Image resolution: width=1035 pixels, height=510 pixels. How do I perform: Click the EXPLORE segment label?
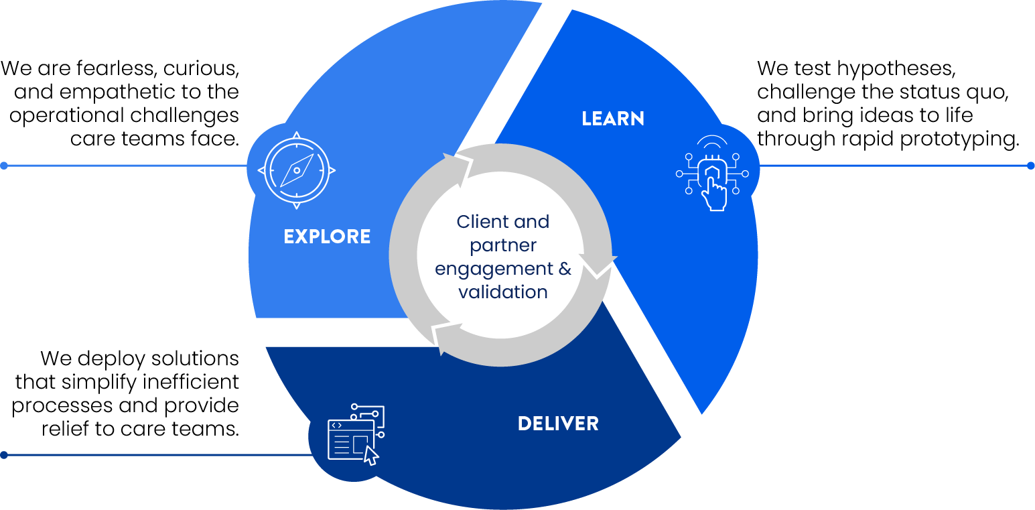pyautogui.click(x=327, y=237)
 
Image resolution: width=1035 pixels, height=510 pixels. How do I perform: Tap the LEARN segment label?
pyautogui.click(x=613, y=119)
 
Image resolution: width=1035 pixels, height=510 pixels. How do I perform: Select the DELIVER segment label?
pyautogui.click(x=558, y=424)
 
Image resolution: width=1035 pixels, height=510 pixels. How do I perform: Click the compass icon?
pyautogui.click(x=297, y=170)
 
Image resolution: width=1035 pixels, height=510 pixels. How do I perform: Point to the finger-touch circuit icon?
pyautogui.click(x=712, y=174)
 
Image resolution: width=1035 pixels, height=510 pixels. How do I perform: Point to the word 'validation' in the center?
pyautogui.click(x=502, y=292)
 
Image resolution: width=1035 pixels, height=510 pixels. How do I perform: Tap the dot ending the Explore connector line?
pyautogui.click(x=4, y=166)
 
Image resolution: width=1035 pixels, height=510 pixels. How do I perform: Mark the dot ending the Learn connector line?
pyautogui.click(x=1031, y=166)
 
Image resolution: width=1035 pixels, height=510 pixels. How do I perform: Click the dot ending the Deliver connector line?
pyautogui.click(x=4, y=455)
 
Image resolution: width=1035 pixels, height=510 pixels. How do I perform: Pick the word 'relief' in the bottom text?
pyautogui.click(x=65, y=429)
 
